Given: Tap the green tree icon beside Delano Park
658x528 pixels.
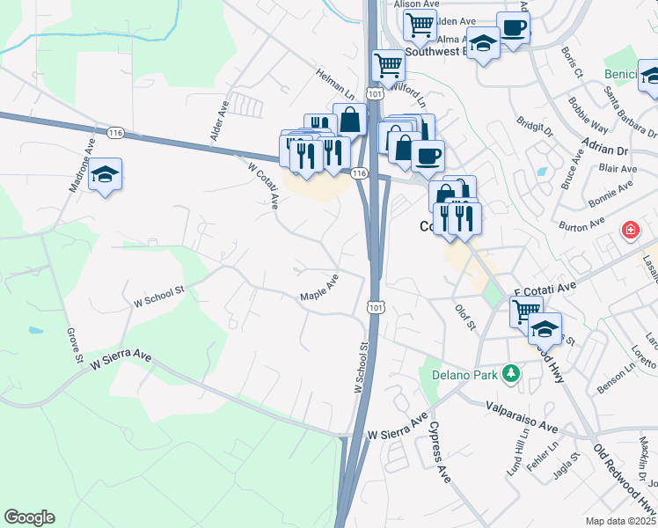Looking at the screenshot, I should coord(509,375).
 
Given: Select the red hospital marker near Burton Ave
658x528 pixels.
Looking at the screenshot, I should coord(630,231).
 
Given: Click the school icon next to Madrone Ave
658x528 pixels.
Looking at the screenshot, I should coord(105,174).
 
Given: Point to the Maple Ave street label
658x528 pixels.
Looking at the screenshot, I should coord(319,287).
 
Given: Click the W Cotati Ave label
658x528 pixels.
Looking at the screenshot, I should coord(263,186).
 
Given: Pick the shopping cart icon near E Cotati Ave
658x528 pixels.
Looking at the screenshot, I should coord(525,310).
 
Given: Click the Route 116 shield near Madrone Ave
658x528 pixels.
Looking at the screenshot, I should coord(114,132).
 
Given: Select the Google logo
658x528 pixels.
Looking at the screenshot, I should coord(29,517).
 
